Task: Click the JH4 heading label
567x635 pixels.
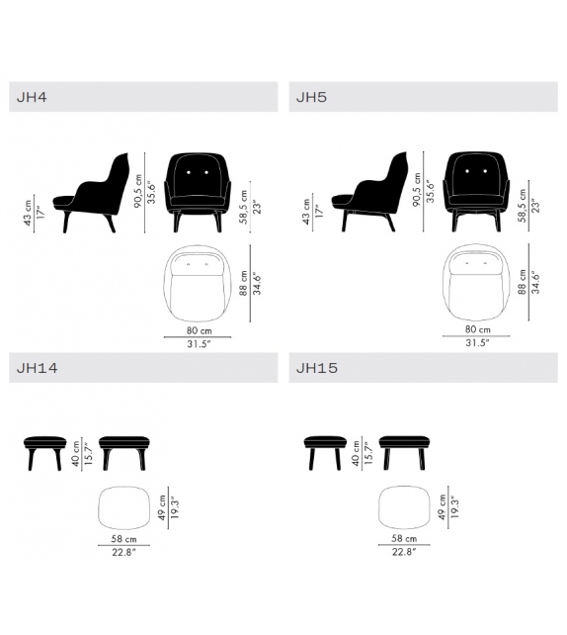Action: point(33,97)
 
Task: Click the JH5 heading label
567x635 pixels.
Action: point(311,97)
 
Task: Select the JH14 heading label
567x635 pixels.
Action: point(37,368)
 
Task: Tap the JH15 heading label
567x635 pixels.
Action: point(316,368)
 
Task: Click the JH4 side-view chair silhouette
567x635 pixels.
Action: point(94,193)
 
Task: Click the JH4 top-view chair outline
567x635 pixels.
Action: point(201,281)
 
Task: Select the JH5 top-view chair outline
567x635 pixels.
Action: point(481,281)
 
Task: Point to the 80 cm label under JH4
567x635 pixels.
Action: point(200,330)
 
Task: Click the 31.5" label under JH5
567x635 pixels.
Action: point(478,343)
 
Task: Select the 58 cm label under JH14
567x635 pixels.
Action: point(124,539)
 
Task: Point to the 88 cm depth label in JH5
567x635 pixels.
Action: point(520,284)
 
